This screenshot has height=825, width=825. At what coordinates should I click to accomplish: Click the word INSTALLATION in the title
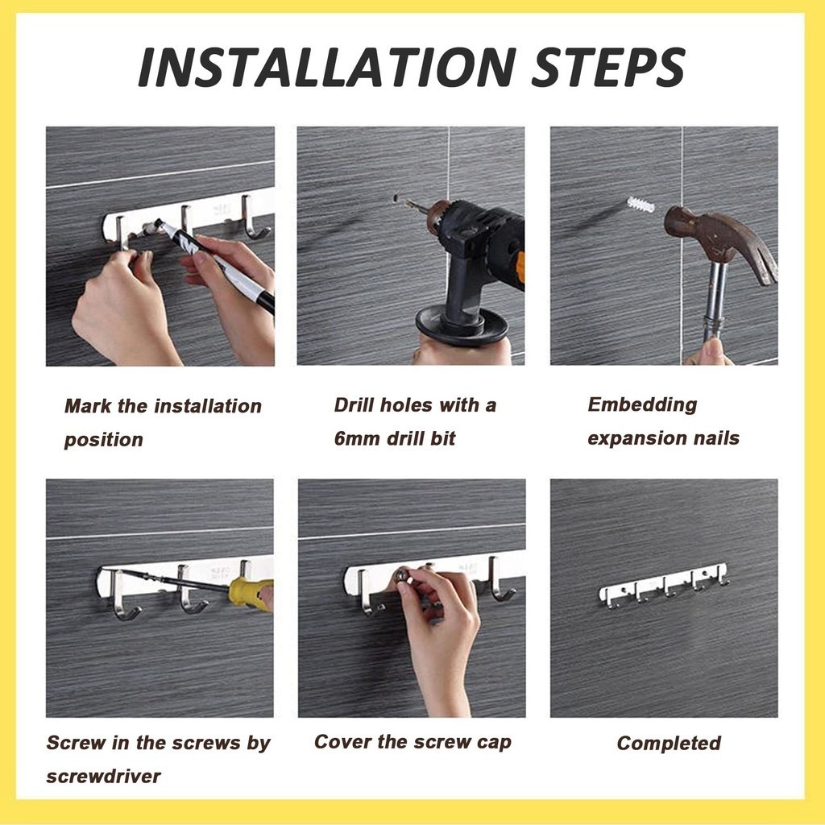327,67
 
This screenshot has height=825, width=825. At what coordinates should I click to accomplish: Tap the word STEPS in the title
608,67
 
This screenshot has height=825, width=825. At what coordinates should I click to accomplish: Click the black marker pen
217,267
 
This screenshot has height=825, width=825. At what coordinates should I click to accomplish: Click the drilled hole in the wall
395,198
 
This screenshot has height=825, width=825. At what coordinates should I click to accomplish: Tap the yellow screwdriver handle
251,593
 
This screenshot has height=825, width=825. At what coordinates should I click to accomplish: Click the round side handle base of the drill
462,325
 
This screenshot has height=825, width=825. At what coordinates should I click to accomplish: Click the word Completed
669,744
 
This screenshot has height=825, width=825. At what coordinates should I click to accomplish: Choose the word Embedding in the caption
642,405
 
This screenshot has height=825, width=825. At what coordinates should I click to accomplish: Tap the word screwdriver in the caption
103,776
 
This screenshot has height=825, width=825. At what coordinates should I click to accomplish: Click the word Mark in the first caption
88,406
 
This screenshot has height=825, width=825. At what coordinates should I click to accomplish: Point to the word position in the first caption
103,441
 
